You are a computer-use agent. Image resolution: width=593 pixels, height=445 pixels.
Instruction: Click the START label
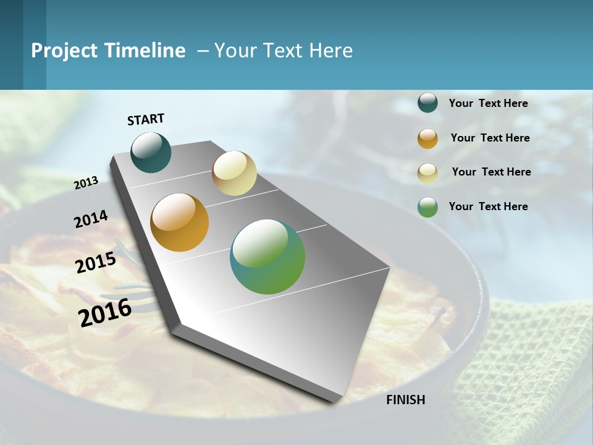click(146, 119)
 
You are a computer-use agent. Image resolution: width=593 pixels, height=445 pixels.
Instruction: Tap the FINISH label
click(405, 400)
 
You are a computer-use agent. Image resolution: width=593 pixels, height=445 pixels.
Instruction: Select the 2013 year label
click(86, 182)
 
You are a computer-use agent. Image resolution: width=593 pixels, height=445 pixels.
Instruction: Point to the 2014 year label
click(91, 219)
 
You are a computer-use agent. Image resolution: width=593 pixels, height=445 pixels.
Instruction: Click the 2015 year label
click(96, 263)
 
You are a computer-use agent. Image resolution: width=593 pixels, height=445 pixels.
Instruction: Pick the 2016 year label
click(105, 312)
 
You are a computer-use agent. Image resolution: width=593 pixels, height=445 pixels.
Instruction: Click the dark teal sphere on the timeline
click(151, 153)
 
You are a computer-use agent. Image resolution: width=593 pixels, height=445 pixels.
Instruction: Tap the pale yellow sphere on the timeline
click(234, 173)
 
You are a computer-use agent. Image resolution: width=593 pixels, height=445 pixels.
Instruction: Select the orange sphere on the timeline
click(179, 222)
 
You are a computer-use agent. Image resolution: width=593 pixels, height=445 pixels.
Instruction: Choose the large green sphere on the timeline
click(267, 256)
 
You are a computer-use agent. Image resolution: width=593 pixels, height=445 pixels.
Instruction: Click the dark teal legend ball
click(427, 103)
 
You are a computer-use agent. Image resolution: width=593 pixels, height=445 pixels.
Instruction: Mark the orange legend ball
click(427, 138)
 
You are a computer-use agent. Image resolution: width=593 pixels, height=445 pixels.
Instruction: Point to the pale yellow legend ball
click(427, 172)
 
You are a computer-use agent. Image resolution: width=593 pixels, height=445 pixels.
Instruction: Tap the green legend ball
click(427, 207)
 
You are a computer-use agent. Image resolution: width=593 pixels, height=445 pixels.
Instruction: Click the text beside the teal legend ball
click(488, 103)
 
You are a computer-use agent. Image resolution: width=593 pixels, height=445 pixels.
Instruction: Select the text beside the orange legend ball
click(490, 138)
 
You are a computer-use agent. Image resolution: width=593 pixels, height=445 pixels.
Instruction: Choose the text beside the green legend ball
click(488, 206)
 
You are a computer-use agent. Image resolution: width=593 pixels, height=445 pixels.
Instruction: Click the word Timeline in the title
click(146, 51)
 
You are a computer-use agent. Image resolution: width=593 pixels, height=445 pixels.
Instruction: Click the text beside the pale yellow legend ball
click(491, 172)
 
